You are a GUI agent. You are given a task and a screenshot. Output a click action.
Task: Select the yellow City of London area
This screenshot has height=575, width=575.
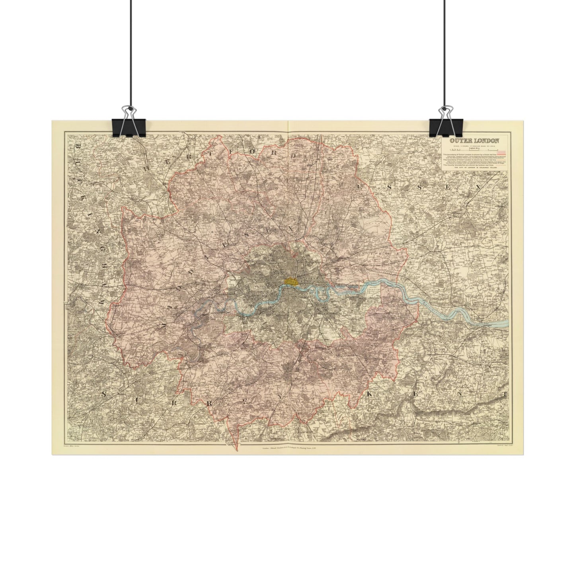pos(291,281)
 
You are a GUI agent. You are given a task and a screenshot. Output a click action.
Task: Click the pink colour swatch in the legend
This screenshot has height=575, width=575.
pos(502,152)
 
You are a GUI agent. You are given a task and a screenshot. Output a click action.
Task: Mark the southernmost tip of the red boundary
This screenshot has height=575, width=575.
pos(237,450)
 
